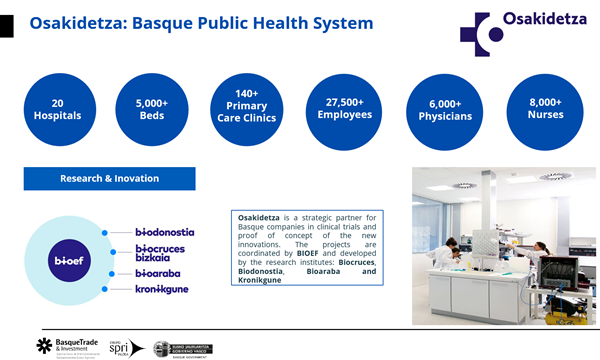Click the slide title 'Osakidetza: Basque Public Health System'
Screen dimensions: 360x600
coord(201,23)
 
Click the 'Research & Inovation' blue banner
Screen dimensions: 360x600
coord(109,178)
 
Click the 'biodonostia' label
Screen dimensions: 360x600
coord(164,232)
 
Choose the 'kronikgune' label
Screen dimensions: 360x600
coord(161,290)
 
